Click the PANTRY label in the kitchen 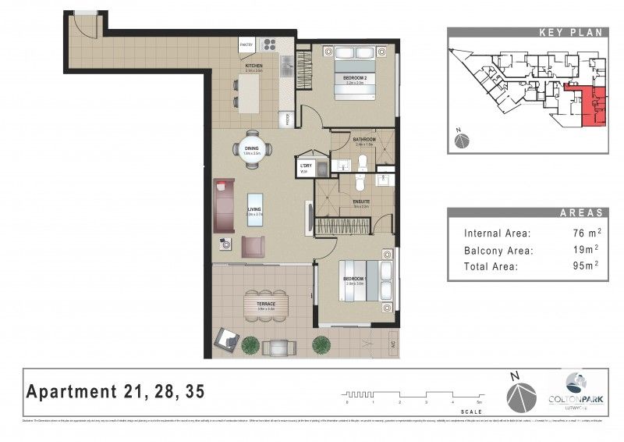246,45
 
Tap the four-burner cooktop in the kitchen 269,45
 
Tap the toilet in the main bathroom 363,162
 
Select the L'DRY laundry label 304,166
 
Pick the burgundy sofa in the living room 223,206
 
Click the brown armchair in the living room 253,247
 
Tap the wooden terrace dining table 265,300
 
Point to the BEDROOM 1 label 354,279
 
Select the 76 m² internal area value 580,233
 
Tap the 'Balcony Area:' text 498,250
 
